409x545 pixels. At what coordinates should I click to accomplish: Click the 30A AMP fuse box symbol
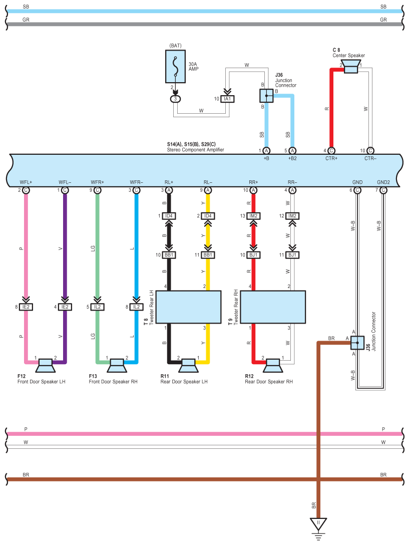pyautogui.click(x=176, y=67)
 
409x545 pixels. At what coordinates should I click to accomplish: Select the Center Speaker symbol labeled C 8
pyautogui.click(x=350, y=67)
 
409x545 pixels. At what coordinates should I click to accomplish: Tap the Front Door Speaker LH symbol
pyautogui.click(x=46, y=366)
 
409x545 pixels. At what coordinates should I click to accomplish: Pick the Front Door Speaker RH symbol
pyautogui.click(x=117, y=366)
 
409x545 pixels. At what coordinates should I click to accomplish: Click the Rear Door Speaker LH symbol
pyautogui.click(x=188, y=366)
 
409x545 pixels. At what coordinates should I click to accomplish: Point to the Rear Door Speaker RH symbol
pyautogui.click(x=273, y=366)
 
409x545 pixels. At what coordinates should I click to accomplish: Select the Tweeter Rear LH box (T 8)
pyautogui.click(x=188, y=307)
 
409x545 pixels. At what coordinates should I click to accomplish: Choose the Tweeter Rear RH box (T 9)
pyautogui.click(x=273, y=307)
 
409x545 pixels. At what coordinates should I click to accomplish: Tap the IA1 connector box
pyautogui.click(x=227, y=99)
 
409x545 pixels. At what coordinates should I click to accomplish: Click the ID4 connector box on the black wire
pyautogui.click(x=169, y=216)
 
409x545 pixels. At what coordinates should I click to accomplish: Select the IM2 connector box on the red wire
pyautogui.click(x=253, y=216)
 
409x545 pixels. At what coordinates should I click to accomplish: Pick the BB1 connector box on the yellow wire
pyautogui.click(x=208, y=255)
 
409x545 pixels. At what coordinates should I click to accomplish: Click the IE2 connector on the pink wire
pyautogui.click(x=26, y=307)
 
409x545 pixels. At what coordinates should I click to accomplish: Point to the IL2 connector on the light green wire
pyautogui.click(x=97, y=307)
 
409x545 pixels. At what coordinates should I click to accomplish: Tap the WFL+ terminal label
pyautogui.click(x=26, y=182)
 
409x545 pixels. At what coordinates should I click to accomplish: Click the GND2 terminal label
pyautogui.click(x=383, y=182)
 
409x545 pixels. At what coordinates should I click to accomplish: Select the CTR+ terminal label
pyautogui.click(x=331, y=158)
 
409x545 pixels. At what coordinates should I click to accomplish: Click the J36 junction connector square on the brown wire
pyautogui.click(x=357, y=343)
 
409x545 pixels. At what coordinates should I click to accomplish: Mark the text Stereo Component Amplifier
pyautogui.click(x=195, y=150)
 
